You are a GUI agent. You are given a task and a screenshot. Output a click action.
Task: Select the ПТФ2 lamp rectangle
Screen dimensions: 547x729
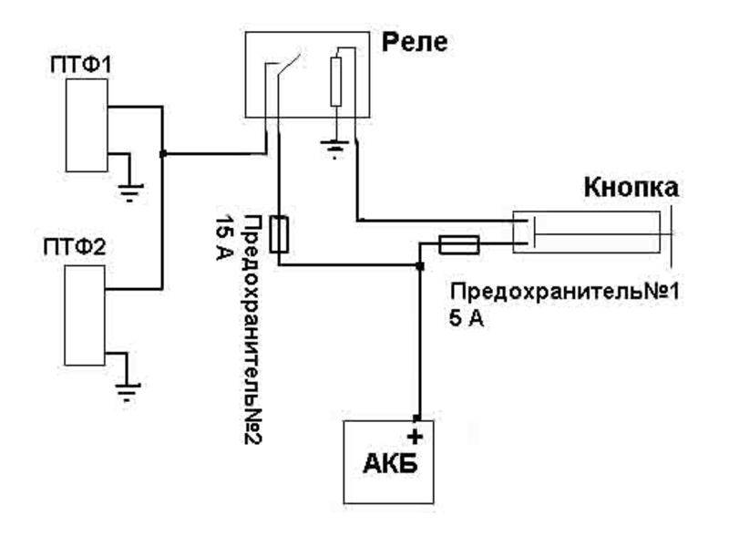pyautogui.click(x=85, y=313)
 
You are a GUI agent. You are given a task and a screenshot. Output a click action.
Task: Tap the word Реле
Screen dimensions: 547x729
pyautogui.click(x=414, y=42)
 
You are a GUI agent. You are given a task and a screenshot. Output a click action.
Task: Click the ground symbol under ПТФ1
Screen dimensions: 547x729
pyautogui.click(x=130, y=191)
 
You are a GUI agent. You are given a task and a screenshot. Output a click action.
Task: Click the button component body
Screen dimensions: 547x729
pyautogui.click(x=588, y=232)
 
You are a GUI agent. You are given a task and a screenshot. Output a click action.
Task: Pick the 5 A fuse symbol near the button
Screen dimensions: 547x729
pyautogui.click(x=458, y=244)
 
